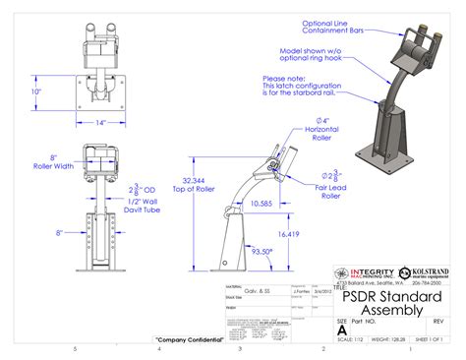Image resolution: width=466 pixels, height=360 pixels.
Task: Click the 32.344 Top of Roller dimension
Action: (195, 184)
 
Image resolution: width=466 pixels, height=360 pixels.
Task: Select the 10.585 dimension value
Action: (262, 204)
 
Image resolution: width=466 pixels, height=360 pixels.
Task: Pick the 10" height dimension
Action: (36, 91)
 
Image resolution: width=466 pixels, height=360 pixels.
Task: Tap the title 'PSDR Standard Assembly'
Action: (384, 303)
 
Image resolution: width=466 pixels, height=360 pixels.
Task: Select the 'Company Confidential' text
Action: (188, 340)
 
